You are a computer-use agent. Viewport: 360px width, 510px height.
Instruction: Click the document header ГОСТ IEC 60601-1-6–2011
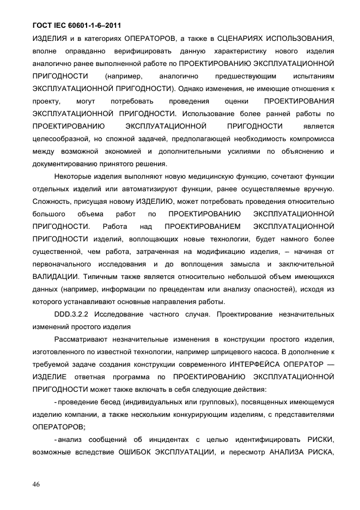pos(76,25)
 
